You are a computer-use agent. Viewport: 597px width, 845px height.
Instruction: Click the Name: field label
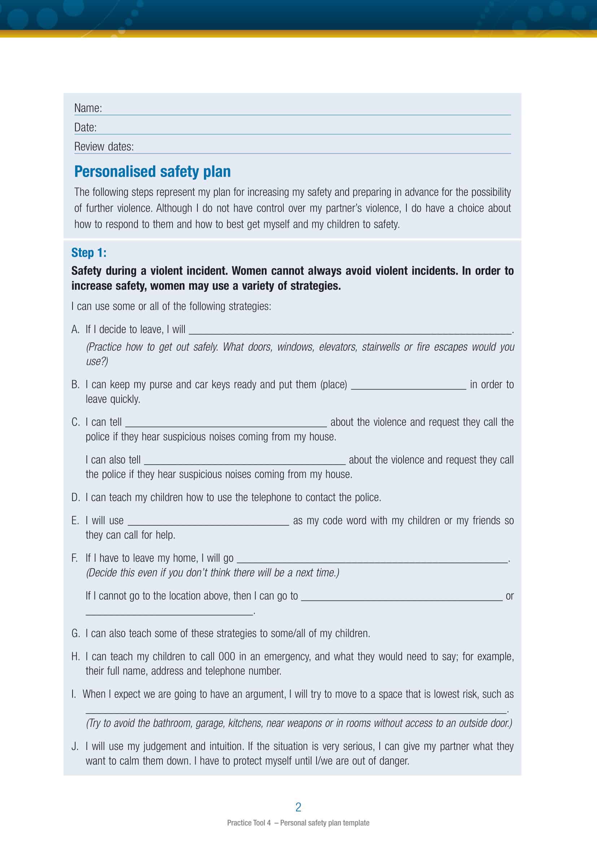tap(88, 108)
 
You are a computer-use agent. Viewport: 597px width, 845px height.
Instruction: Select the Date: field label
tap(85, 127)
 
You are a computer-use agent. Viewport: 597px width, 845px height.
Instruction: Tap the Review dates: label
tap(104, 147)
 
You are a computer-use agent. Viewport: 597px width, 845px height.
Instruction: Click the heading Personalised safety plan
tap(152, 172)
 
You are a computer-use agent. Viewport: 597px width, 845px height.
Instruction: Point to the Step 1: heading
tap(88, 253)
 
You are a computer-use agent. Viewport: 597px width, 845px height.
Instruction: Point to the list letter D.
tap(75, 497)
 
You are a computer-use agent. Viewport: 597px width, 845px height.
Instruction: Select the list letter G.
tap(75, 633)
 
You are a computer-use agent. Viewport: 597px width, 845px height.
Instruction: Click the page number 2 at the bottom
tap(298, 807)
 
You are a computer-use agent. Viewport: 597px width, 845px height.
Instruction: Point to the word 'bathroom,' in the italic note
tap(173, 723)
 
